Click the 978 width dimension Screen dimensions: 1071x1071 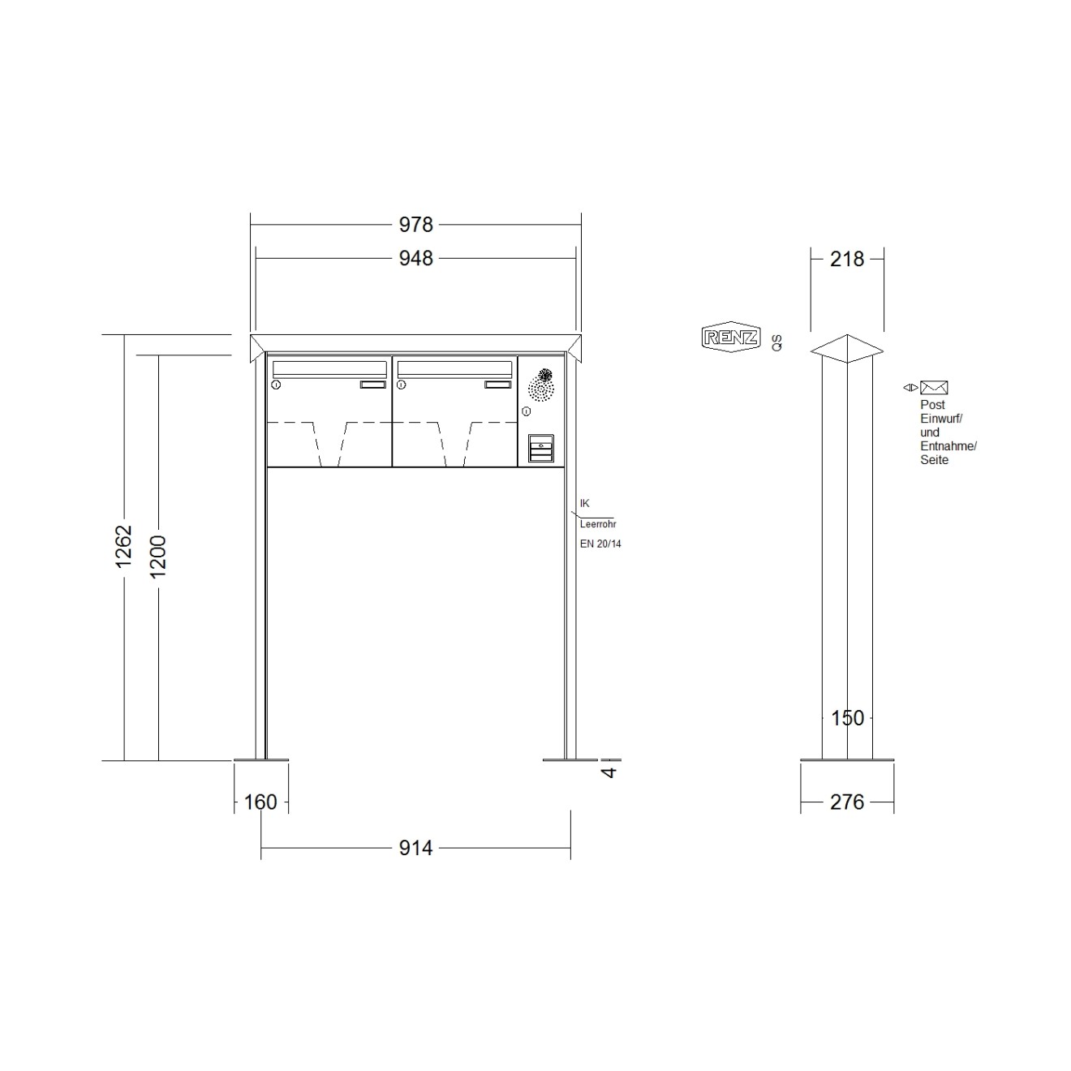[415, 225]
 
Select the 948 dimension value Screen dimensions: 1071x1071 [415, 259]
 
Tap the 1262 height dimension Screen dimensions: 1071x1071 [123, 546]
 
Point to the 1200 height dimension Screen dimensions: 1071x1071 [158, 557]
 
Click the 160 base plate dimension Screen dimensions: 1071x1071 [260, 802]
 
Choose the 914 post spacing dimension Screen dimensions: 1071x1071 [415, 848]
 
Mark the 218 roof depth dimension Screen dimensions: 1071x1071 [847, 259]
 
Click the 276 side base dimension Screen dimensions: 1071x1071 [847, 802]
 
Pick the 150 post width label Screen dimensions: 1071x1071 [848, 718]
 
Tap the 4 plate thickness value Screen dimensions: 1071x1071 [609, 772]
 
